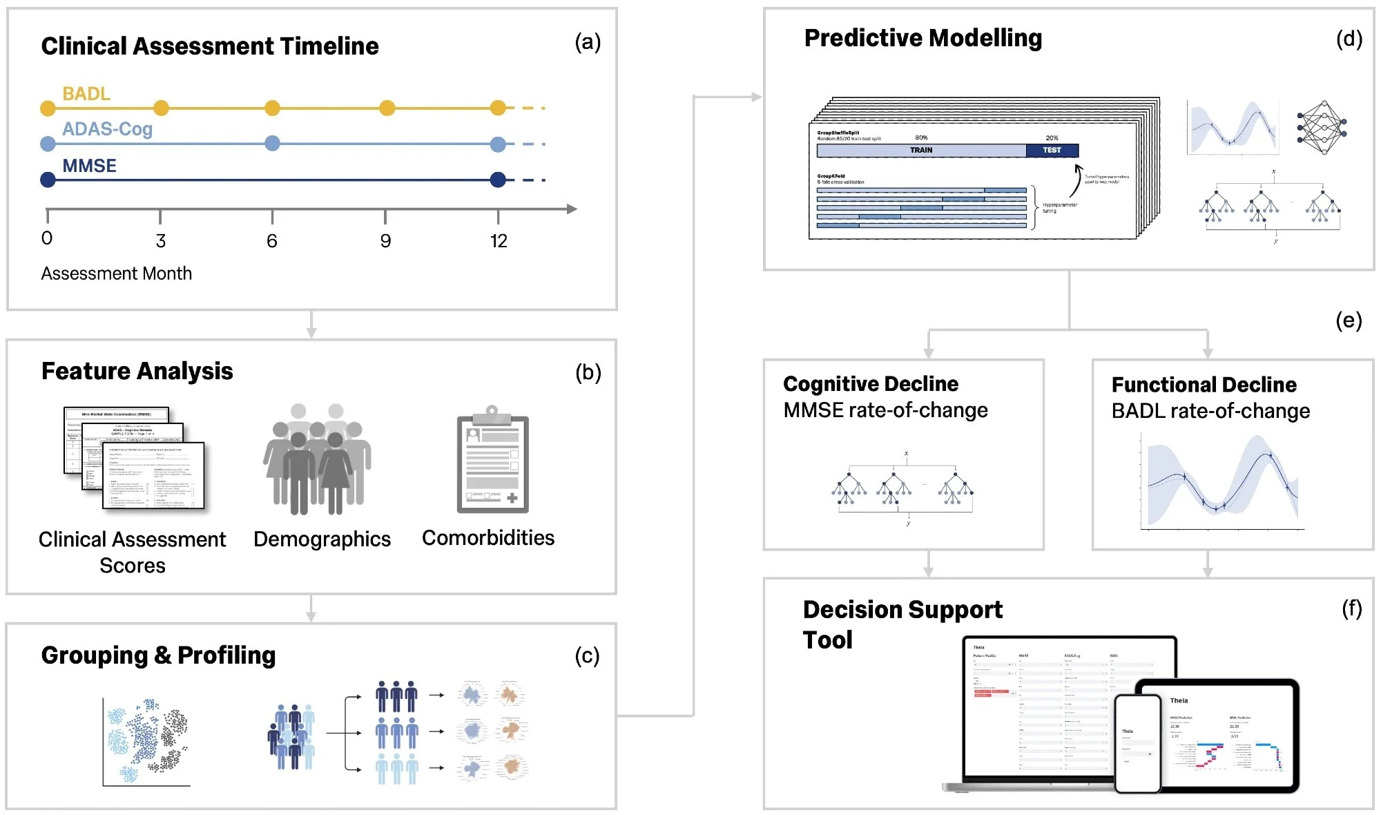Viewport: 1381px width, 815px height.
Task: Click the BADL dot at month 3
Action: (161, 108)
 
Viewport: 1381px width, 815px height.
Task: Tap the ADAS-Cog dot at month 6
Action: (273, 143)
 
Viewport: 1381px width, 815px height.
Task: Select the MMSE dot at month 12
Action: (498, 180)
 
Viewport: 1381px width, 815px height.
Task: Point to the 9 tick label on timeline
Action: (385, 241)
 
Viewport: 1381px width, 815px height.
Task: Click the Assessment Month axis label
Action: (116, 274)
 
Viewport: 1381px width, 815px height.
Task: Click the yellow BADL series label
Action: (86, 93)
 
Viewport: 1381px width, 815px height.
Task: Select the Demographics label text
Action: (322, 539)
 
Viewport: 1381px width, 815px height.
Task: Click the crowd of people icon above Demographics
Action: (318, 459)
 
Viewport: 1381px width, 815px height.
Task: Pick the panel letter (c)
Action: (587, 655)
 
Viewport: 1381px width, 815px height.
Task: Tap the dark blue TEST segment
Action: (1052, 150)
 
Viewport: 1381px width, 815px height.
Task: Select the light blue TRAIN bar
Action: (920, 150)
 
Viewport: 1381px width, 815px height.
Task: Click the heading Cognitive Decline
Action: (870, 383)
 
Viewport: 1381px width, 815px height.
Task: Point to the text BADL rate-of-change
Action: (1210, 411)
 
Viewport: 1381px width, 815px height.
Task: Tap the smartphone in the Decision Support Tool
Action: (1137, 743)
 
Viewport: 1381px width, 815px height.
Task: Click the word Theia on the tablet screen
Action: (1179, 700)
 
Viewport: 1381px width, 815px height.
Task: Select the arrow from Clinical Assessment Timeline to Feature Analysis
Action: (311, 324)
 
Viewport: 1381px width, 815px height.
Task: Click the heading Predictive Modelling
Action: (923, 38)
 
